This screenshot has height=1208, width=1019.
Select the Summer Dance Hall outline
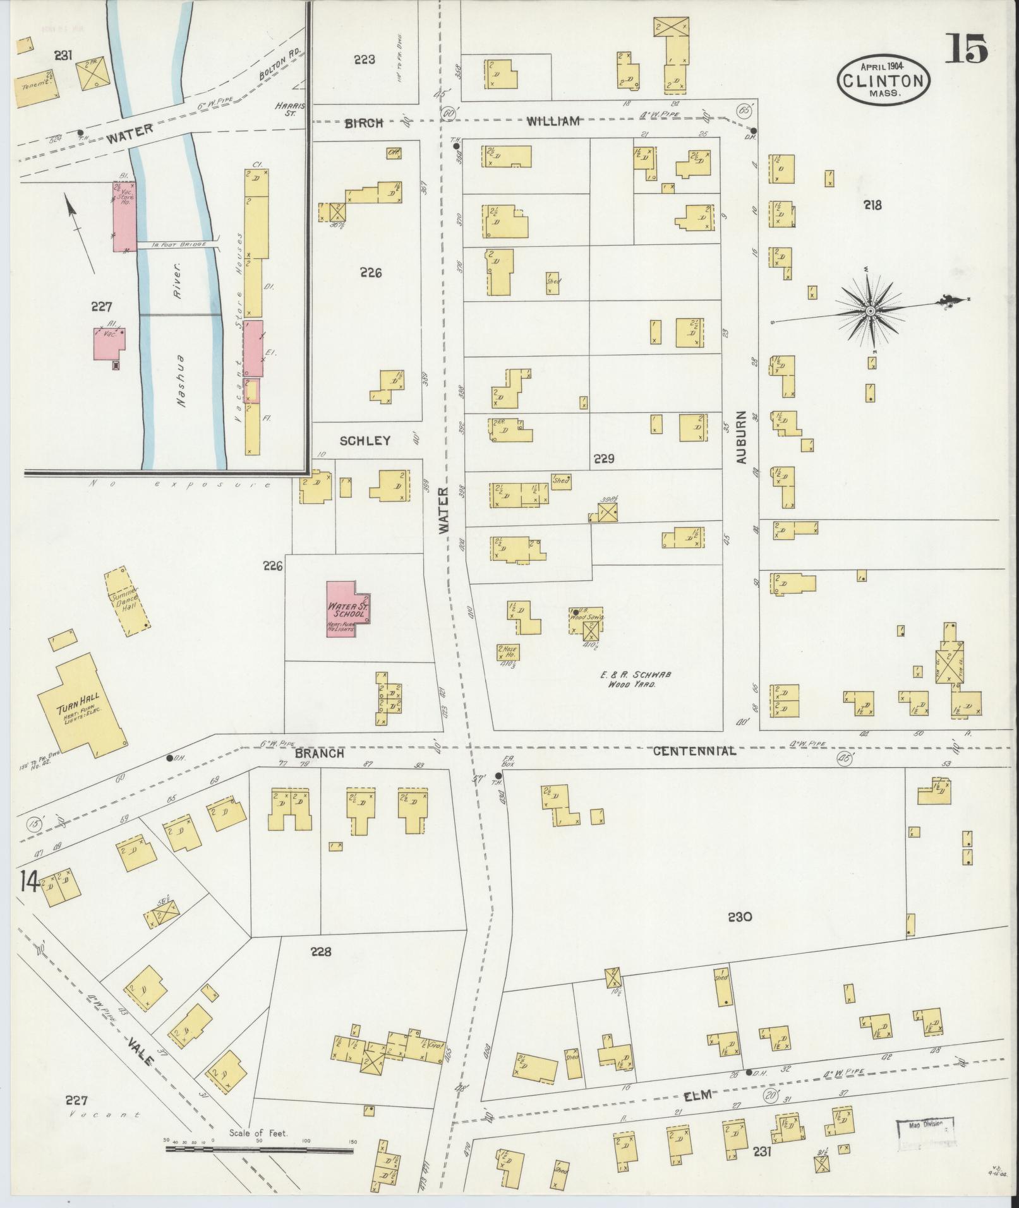point(128,602)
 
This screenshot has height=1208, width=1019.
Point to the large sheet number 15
point(967,50)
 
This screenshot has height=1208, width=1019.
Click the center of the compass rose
point(871,311)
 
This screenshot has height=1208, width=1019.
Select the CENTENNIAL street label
point(694,751)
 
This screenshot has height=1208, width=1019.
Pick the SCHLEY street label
point(365,441)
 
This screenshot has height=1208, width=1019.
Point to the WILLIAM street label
point(553,121)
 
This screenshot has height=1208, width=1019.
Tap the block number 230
point(740,916)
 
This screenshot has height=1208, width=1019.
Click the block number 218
point(874,205)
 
